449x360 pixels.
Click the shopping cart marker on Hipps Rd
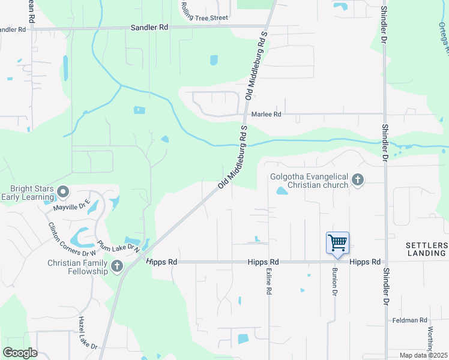(337, 243)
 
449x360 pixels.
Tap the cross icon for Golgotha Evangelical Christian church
(358, 179)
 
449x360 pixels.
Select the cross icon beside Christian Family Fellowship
(116, 265)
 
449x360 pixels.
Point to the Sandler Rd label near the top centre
(149, 28)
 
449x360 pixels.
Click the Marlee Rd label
(266, 114)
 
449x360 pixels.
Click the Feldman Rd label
(411, 320)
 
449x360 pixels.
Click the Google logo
(20, 353)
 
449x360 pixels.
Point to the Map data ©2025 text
(423, 355)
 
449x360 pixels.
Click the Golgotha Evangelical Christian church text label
(310, 181)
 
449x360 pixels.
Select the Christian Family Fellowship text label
(79, 267)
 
